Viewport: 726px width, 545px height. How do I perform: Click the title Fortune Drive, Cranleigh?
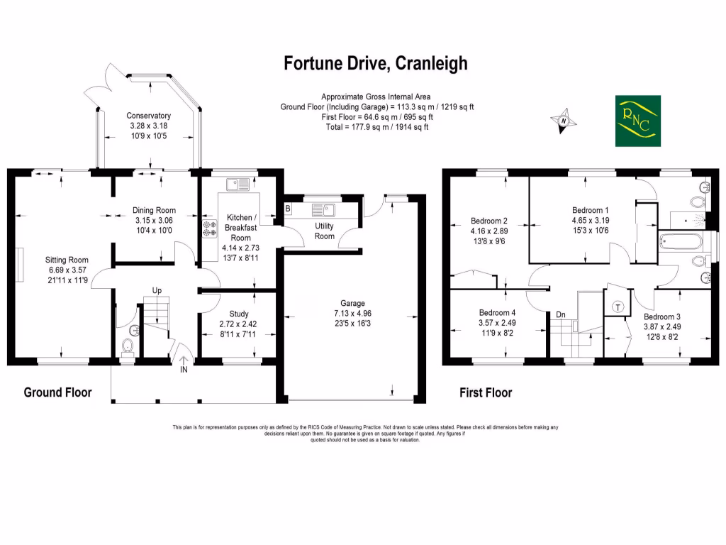[x=376, y=64]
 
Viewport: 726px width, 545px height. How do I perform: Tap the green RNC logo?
[x=638, y=121]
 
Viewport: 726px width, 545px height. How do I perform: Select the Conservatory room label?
[x=149, y=116]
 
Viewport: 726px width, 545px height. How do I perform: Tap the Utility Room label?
[x=325, y=231]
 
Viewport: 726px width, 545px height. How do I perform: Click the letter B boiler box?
[x=288, y=209]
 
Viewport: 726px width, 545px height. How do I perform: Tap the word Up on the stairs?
[x=157, y=291]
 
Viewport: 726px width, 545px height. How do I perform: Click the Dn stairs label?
[x=561, y=314]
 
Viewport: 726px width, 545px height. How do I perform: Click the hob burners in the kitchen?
[x=210, y=229]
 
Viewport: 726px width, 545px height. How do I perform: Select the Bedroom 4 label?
[x=497, y=313]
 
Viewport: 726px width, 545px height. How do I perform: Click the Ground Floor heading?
[x=57, y=392]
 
